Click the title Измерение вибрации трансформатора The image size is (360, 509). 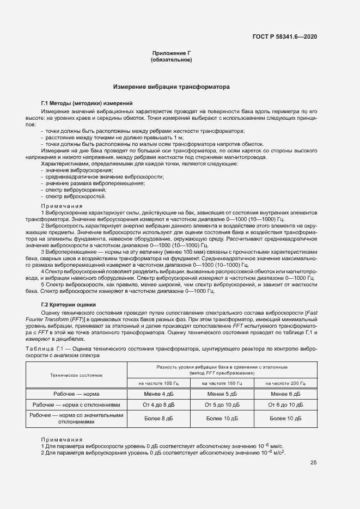[x=171, y=87]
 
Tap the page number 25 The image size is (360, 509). [x=314, y=463]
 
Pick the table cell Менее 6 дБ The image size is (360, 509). [x=286, y=393]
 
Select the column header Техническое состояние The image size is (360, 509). [x=76, y=375]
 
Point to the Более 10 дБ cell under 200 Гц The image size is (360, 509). [x=286, y=419]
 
